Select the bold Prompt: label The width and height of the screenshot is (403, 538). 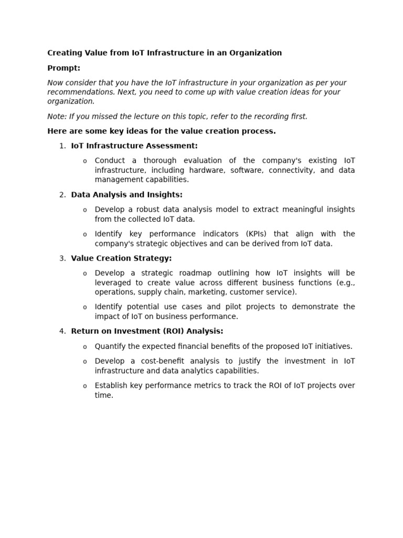click(x=64, y=68)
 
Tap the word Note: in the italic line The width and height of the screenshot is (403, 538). click(x=57, y=117)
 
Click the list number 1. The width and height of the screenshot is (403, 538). click(x=62, y=146)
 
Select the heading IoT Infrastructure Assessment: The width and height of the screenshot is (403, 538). click(x=134, y=146)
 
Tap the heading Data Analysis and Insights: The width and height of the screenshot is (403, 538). click(x=126, y=195)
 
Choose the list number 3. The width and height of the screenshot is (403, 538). click(x=62, y=258)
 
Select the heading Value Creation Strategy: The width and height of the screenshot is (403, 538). click(x=121, y=258)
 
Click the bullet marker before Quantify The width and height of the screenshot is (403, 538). click(x=85, y=347)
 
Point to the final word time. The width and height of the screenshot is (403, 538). click(x=104, y=395)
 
